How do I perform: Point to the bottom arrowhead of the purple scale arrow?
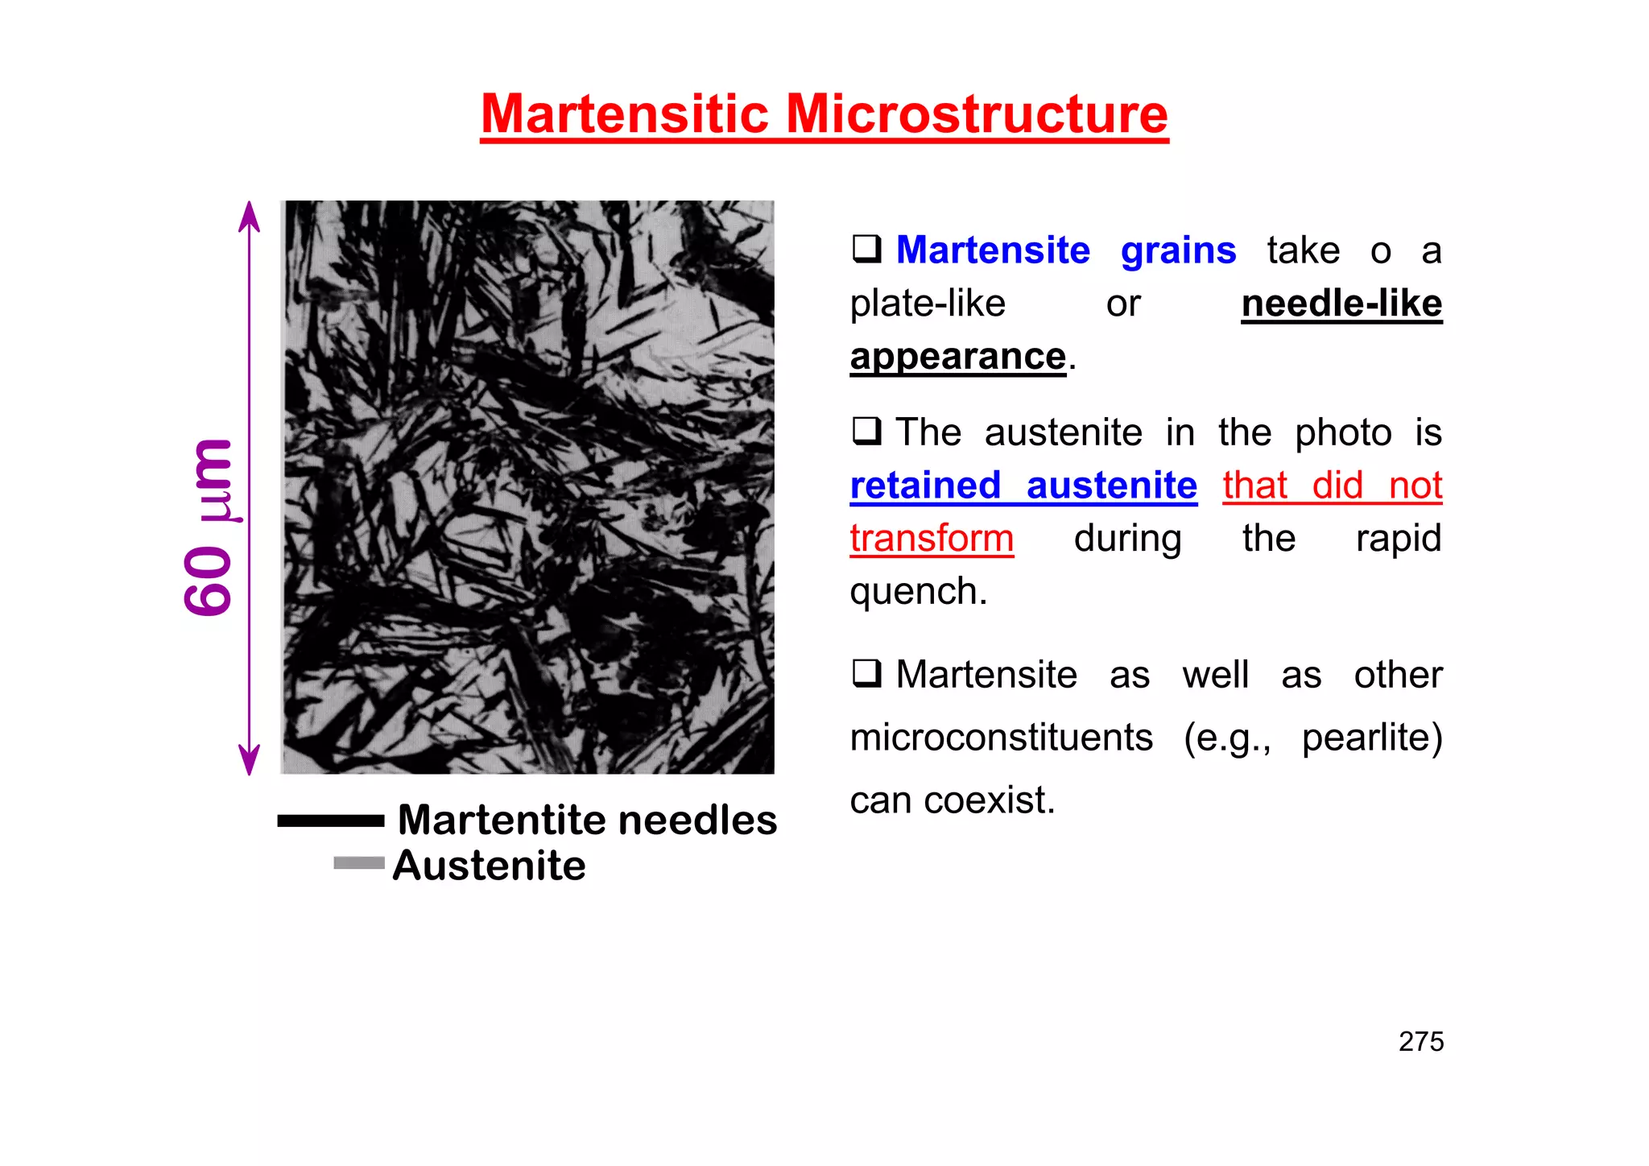coord(250,761)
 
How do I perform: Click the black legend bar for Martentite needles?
coord(330,821)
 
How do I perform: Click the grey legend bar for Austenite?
coord(358,862)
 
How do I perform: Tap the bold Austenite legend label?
coord(489,866)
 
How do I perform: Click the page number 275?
coord(1421,1041)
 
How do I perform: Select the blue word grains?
coord(1178,250)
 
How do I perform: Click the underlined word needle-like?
coord(1341,304)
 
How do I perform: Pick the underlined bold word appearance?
coord(958,356)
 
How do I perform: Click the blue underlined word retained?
coord(925,486)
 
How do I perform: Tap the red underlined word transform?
coord(932,538)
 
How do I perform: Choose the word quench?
coord(917,592)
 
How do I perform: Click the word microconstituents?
coord(1002,738)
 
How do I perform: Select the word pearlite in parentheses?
coord(1366,738)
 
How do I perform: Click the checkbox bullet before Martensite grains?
coord(866,249)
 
